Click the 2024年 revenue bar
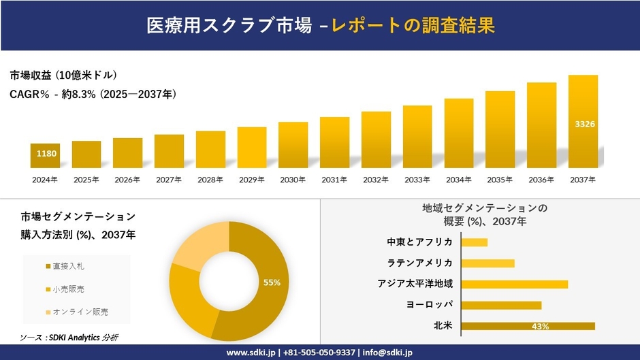[45, 156]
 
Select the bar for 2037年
[583, 122]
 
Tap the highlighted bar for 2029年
[252, 148]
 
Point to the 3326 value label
[583, 124]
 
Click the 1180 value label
[45, 154]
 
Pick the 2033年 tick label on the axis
[417, 180]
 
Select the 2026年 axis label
[127, 180]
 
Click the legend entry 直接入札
[65, 265]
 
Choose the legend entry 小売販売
[65, 289]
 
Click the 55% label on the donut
[272, 282]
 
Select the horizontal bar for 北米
[528, 326]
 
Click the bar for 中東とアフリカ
[475, 242]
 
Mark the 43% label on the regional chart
[541, 327]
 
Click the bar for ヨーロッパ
[501, 305]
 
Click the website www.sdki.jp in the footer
[251, 353]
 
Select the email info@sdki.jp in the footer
[388, 353]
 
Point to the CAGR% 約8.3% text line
[93, 95]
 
